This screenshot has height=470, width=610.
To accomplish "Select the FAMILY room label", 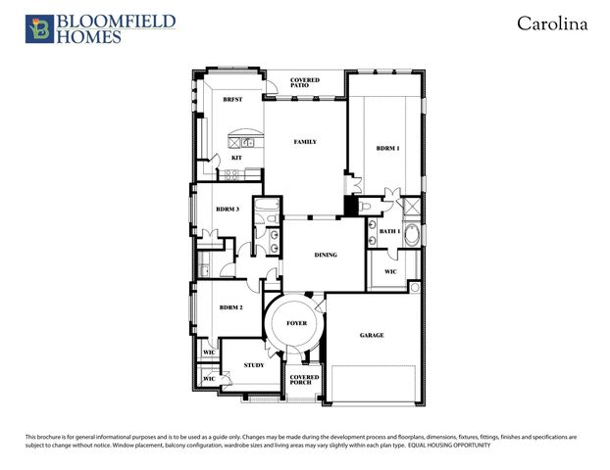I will (305, 142).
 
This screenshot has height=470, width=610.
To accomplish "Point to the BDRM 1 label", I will (388, 148).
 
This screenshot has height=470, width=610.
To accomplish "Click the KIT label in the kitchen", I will (236, 158).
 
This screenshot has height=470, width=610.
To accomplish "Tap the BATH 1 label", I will (390, 231).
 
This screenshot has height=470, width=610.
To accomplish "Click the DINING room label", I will (326, 255).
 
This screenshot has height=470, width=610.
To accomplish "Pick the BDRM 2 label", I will (230, 307).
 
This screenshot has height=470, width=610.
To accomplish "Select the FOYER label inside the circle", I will (296, 322).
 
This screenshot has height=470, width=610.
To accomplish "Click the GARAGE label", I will (372, 335).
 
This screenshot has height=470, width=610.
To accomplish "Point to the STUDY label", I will (254, 364).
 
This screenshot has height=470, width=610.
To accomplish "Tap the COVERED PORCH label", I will (301, 378).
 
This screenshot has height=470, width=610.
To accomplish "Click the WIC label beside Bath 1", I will (389, 271).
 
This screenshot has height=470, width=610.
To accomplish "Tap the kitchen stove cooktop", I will (233, 175).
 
